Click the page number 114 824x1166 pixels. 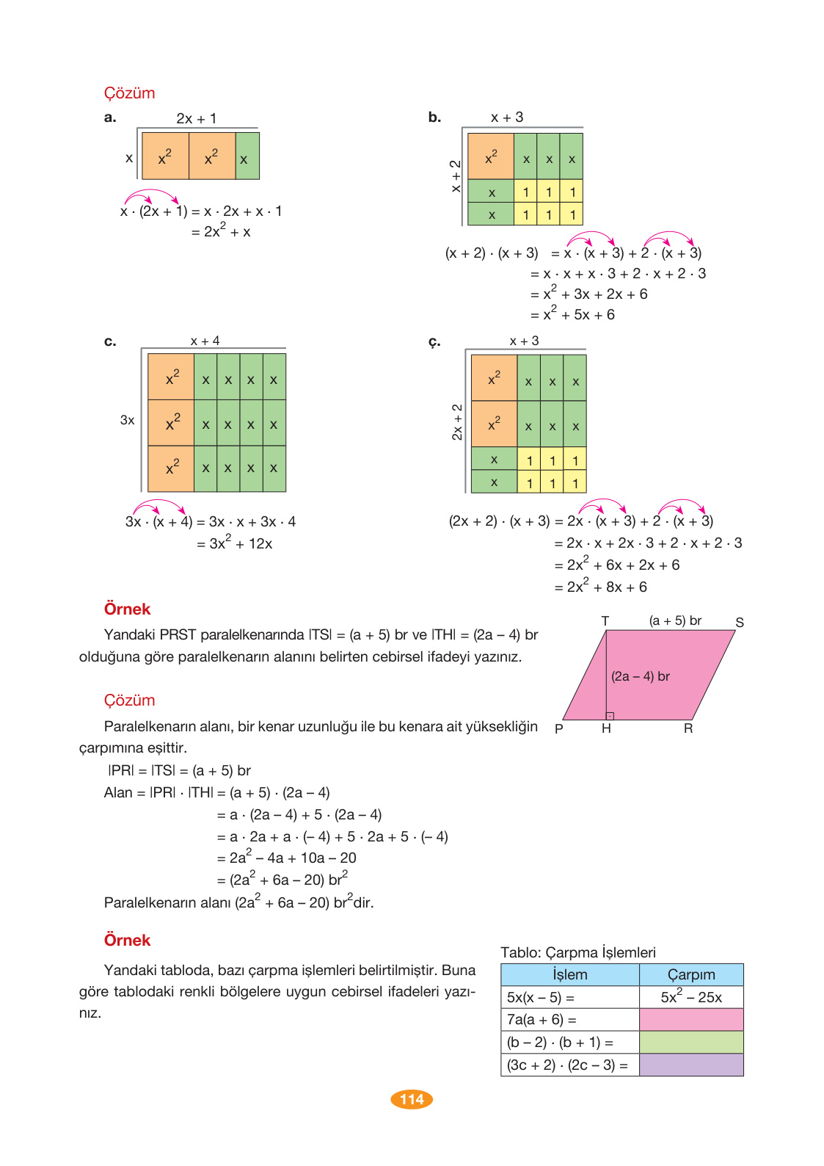coord(412,1099)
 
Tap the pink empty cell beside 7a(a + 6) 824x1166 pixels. coord(691,1019)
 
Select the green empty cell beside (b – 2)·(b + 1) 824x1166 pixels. coord(691,1042)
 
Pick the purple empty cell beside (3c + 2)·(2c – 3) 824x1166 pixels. coord(691,1065)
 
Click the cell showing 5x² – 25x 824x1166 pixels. coord(691,997)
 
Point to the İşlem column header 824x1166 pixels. coord(570,975)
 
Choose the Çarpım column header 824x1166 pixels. coord(691,975)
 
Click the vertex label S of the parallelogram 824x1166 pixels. coord(740,623)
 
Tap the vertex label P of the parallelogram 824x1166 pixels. coord(559,729)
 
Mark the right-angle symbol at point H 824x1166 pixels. coord(610,715)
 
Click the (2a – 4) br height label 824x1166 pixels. coord(641,676)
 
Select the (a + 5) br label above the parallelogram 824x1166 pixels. coord(675,620)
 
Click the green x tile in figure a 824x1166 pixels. coord(247,156)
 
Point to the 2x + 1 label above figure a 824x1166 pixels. coord(196,118)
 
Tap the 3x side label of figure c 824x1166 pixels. coord(128,420)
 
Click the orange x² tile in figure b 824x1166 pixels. coord(491,156)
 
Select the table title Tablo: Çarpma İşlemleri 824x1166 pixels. coord(578,952)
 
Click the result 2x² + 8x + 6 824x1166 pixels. coord(606,587)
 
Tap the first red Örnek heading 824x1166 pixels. coord(127,609)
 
